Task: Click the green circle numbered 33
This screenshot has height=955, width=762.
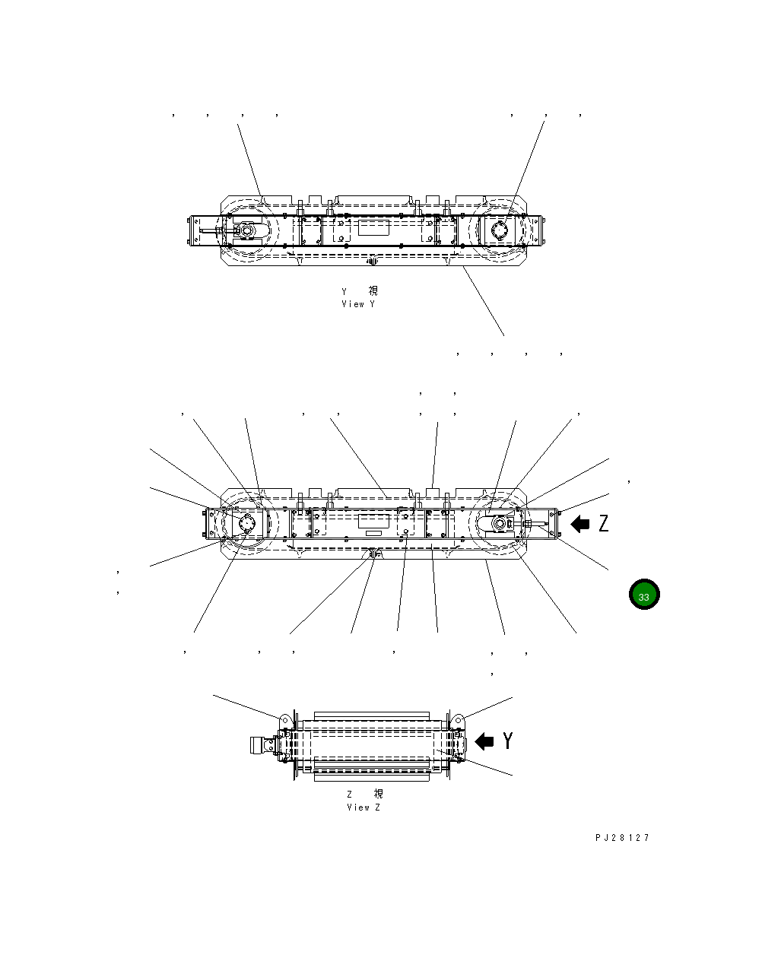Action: [x=644, y=595]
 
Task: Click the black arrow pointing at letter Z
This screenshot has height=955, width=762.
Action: [x=580, y=523]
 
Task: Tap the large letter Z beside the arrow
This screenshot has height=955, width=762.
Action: [x=603, y=523]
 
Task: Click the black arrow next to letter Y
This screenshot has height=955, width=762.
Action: [x=484, y=741]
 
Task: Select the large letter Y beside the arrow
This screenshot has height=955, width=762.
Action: [x=507, y=741]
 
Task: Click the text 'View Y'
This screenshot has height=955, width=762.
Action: [x=358, y=304]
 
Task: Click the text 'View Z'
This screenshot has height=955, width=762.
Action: [x=363, y=807]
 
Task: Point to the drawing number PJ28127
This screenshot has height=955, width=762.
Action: [x=622, y=838]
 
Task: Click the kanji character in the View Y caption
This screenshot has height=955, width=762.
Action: [x=373, y=290]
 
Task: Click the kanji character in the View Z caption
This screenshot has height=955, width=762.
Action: [x=378, y=794]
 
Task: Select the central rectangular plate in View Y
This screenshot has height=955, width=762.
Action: [x=373, y=228]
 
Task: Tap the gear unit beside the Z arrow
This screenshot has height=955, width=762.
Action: [x=502, y=524]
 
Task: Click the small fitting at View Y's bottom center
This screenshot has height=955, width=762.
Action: [x=372, y=262]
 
